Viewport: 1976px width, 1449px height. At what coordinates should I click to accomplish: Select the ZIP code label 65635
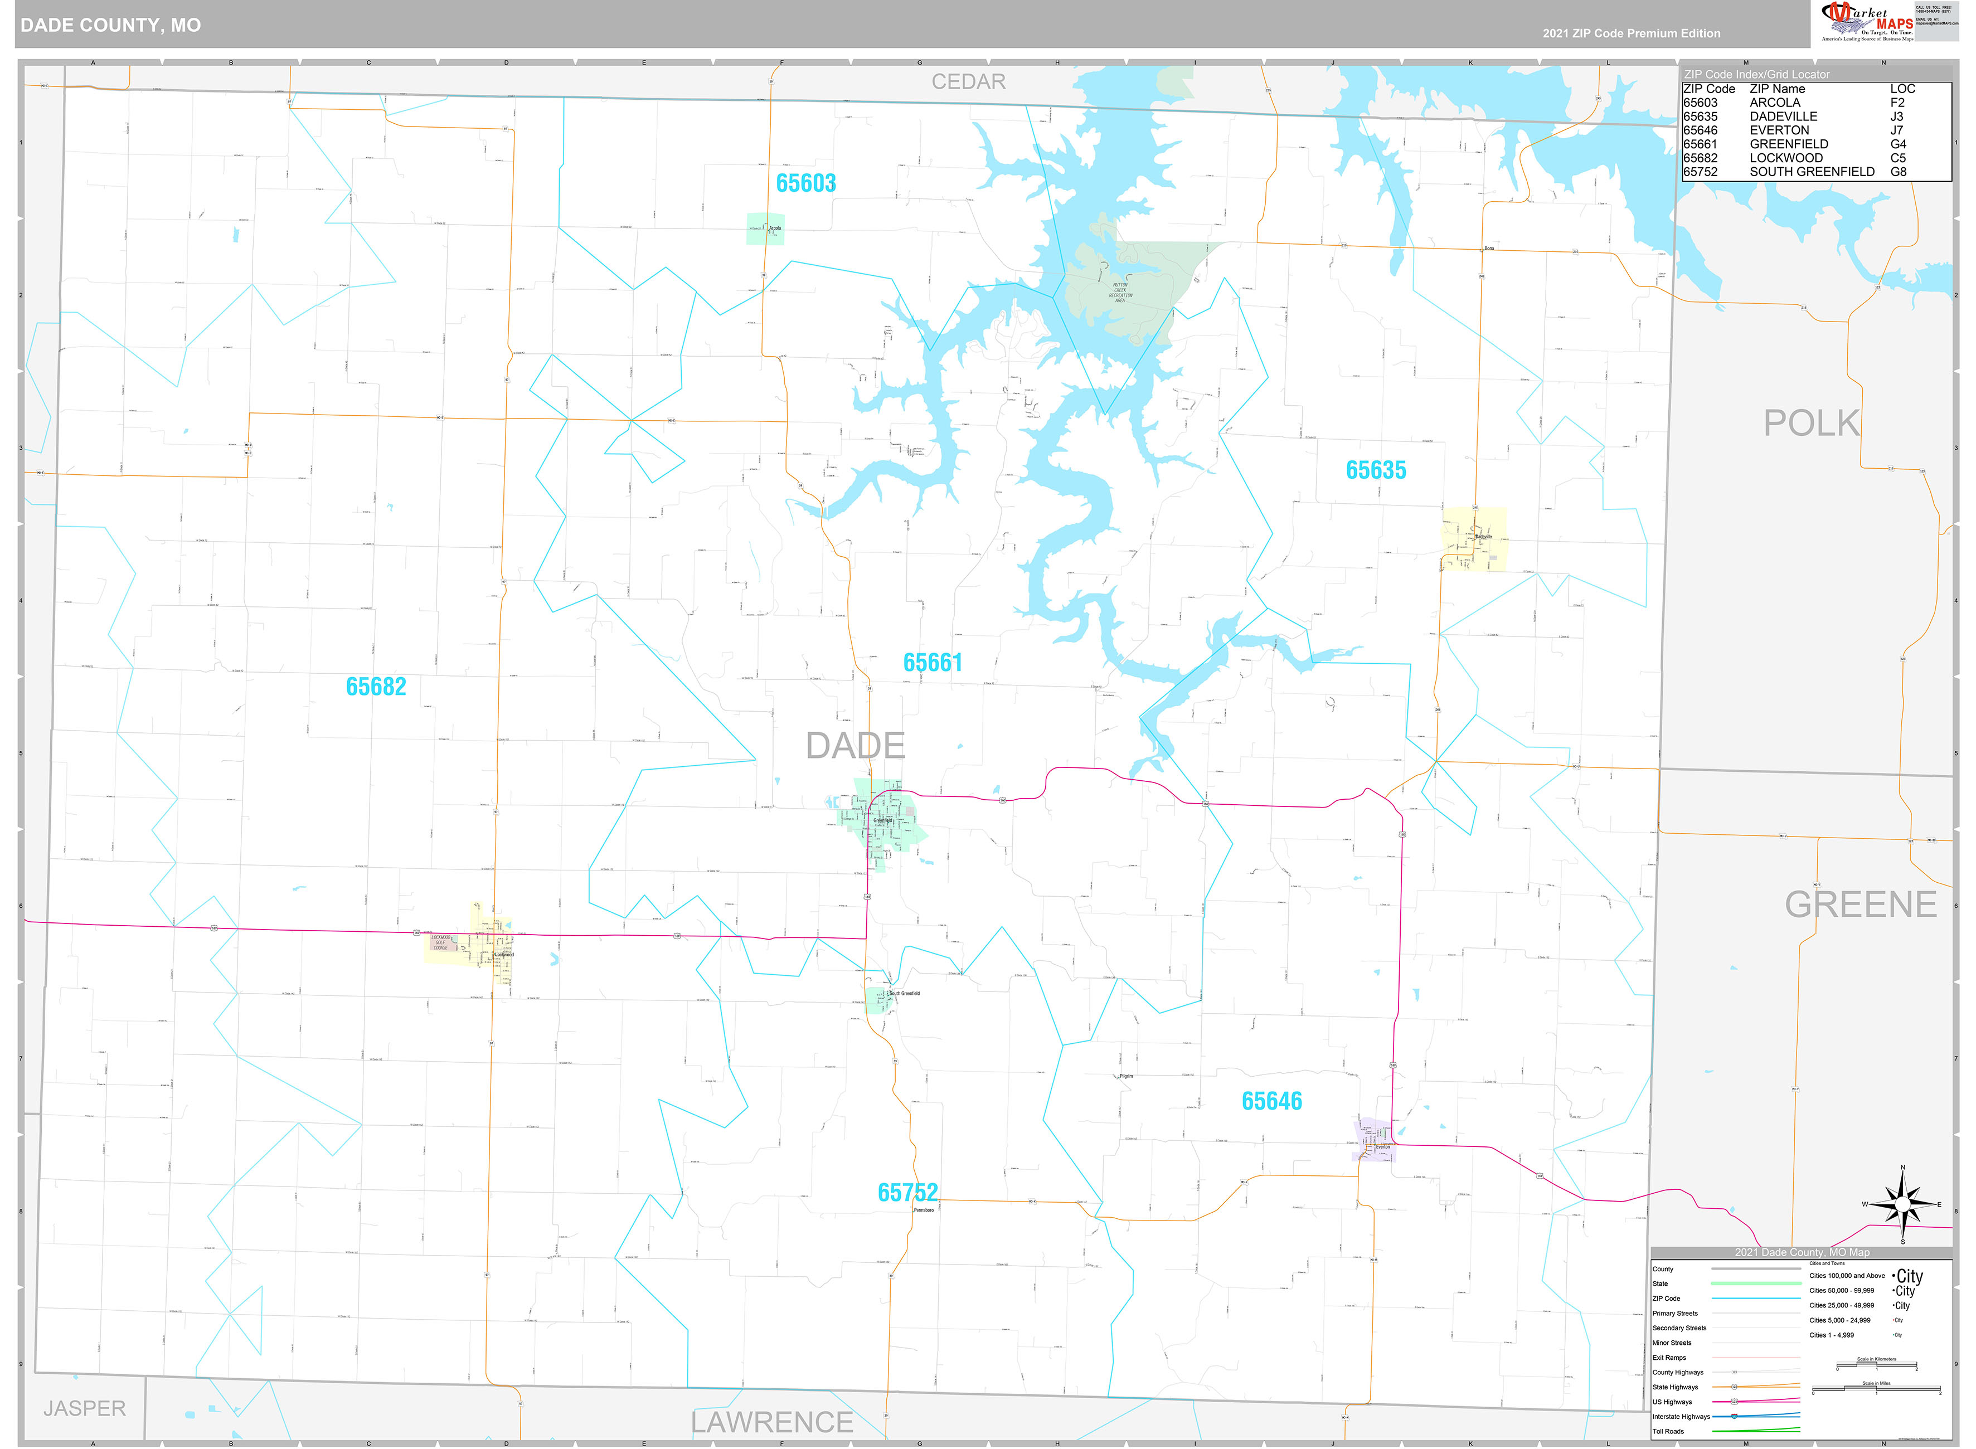[1375, 471]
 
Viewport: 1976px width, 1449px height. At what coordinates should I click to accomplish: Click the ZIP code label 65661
[933, 663]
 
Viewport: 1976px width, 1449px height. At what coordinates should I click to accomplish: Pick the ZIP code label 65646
[1271, 1102]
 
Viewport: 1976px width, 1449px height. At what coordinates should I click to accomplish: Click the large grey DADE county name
[855, 746]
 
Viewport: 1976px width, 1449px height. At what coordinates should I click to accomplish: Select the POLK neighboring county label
[1810, 424]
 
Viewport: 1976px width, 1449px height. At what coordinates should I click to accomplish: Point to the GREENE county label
[1860, 905]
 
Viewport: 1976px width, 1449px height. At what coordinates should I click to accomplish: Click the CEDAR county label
[968, 81]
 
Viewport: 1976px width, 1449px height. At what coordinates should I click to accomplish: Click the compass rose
[1901, 1205]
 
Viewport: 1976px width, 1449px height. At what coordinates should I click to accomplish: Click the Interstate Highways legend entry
[1681, 1417]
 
